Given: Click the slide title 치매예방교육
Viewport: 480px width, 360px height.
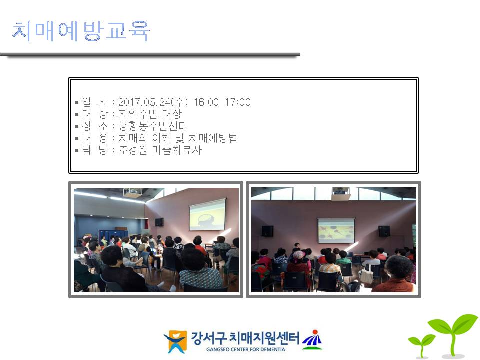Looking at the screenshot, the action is (81, 31).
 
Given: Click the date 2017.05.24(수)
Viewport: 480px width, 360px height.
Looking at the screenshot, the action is (153, 102).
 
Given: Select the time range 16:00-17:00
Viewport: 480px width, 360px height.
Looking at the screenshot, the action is (222, 102).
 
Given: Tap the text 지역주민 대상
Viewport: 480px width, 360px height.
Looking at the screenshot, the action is (150, 114).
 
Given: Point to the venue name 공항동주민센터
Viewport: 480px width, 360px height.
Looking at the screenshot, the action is (153, 126).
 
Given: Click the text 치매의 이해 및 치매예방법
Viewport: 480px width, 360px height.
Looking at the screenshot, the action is (178, 138).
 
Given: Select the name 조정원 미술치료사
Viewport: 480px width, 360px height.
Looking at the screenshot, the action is (160, 150).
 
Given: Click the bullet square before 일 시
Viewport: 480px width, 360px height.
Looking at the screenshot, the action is (77, 102).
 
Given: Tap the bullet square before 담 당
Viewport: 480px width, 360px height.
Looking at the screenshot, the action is (77, 150).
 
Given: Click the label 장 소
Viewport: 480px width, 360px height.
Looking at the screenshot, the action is (95, 126).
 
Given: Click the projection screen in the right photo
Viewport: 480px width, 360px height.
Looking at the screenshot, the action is (336, 230).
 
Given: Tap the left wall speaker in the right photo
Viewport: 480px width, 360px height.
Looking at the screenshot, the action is (267, 231).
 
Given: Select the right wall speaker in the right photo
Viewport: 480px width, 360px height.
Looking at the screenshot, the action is (384, 231).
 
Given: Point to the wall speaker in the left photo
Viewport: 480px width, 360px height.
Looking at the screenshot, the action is (159, 222).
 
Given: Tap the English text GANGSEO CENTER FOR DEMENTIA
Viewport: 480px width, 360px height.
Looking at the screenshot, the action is (246, 349).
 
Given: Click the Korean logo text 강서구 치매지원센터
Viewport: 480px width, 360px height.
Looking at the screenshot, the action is (245, 338).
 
